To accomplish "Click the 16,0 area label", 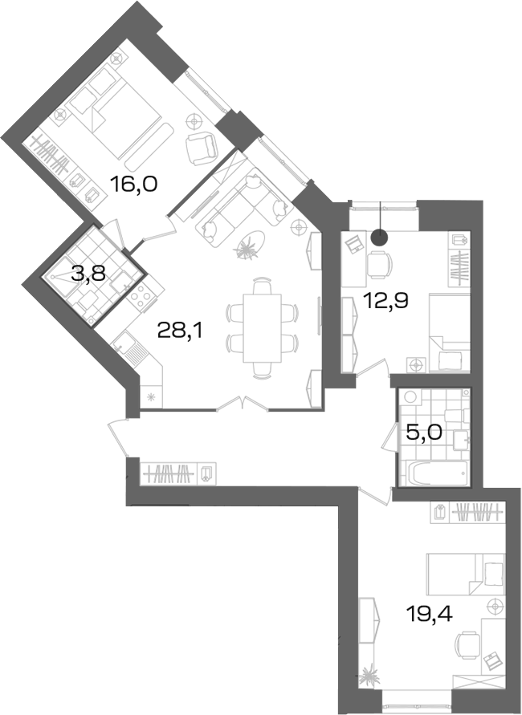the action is [133, 185].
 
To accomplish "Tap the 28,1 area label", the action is [179, 330].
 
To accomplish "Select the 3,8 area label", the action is [88, 274].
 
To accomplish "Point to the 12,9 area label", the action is [385, 300].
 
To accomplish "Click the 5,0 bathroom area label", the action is [424, 432].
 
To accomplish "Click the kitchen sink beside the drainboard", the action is [123, 342].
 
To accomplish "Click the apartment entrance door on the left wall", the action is [118, 439].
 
